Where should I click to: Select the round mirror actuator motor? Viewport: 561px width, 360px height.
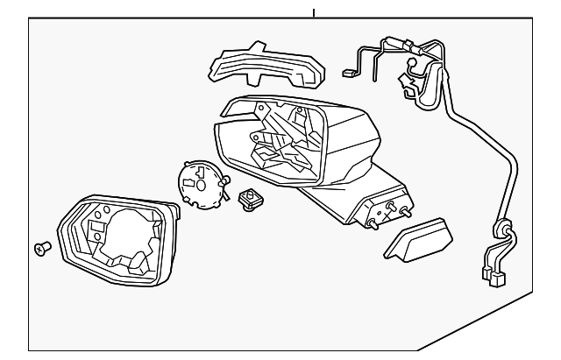197,183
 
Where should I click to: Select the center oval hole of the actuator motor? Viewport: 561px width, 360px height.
200,184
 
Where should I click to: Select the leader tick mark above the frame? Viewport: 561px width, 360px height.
313,12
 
